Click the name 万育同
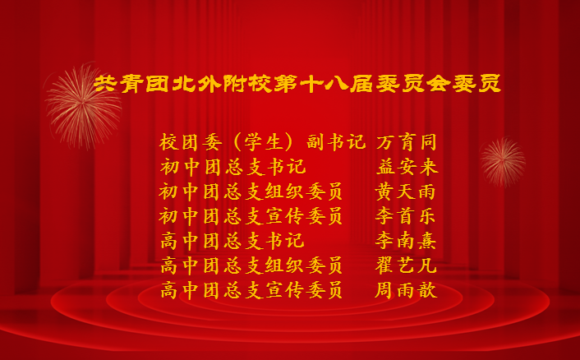click(x=407, y=142)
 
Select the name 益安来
click(x=407, y=167)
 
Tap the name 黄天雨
click(x=405, y=192)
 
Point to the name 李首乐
click(x=406, y=216)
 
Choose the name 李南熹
click(x=406, y=241)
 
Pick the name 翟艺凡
click(x=406, y=265)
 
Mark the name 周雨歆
click(x=406, y=290)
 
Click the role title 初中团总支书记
click(x=233, y=167)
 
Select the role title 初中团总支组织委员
click(x=251, y=192)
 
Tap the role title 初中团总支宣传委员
click(x=251, y=216)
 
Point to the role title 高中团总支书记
click(x=233, y=241)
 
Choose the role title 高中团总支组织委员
click(x=251, y=265)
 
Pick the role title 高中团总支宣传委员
click(x=251, y=290)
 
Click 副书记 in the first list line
click(x=336, y=142)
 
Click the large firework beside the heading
click(x=83, y=106)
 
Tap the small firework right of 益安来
click(x=503, y=162)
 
